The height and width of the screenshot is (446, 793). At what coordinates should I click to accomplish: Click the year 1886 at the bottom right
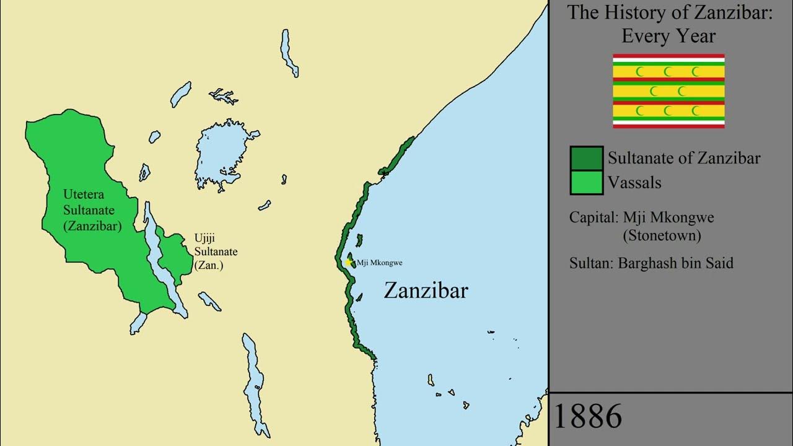pos(587,416)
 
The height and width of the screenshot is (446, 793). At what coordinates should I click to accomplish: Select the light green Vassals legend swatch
pos(586,183)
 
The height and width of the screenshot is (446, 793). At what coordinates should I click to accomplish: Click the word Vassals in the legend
pos(634,183)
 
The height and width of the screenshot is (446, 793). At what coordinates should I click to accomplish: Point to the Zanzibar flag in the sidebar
pos(668,91)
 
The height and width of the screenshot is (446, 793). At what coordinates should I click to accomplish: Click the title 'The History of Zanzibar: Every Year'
pos(670,24)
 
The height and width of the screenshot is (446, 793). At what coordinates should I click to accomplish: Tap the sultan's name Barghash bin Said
pos(675,263)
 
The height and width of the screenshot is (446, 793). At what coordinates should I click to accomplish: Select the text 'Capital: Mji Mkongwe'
pos(642,218)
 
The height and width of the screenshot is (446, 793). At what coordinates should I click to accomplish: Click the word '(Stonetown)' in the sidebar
pos(662,236)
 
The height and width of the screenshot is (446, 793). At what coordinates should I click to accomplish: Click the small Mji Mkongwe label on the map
pos(379,263)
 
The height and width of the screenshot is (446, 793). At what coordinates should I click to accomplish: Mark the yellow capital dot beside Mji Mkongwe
pos(349,263)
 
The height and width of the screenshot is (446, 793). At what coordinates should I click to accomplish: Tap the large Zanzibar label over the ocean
pos(426,291)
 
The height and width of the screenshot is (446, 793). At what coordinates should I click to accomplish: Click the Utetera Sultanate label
pos(92,211)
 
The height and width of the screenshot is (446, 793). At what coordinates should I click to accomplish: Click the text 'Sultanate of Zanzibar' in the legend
pos(684,158)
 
